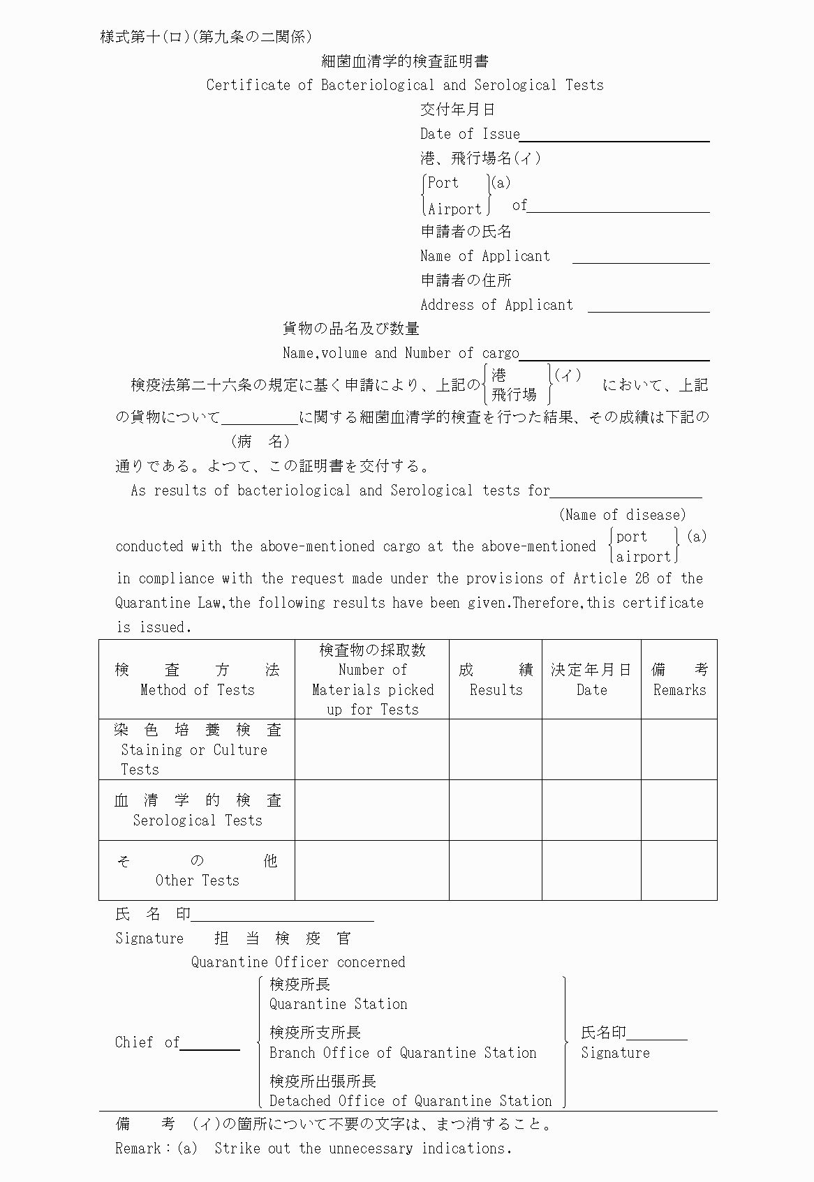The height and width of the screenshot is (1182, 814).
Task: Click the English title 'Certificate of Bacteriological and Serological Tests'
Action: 405,85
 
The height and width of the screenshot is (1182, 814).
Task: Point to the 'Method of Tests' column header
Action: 197,690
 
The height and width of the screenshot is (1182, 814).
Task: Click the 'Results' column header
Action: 496,690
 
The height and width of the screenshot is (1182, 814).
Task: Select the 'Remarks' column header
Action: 679,690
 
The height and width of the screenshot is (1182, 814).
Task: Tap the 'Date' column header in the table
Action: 591,690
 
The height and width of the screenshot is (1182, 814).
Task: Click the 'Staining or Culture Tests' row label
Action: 194,750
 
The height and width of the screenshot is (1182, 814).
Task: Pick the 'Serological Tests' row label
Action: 198,821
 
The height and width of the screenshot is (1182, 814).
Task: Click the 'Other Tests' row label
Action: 198,881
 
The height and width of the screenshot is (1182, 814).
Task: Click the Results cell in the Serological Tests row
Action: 496,810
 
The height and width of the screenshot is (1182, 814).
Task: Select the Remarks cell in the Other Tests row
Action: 679,870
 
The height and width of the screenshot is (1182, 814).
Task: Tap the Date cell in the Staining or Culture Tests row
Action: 591,749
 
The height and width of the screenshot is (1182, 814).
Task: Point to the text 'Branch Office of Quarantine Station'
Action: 403,1053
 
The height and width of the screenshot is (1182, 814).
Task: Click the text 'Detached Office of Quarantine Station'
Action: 410,1101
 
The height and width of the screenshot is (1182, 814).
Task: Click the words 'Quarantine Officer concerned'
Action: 298,962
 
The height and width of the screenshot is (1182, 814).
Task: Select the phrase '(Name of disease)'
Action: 622,515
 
